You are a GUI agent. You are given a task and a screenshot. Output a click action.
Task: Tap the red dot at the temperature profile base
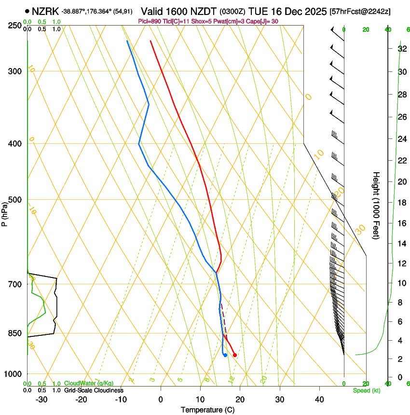(x=235, y=355)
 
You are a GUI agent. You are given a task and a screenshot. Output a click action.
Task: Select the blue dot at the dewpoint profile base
(x=225, y=355)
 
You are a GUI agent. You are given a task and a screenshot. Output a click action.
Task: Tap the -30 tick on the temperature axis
(x=41, y=399)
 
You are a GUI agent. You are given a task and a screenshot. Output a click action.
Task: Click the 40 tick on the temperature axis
(x=319, y=399)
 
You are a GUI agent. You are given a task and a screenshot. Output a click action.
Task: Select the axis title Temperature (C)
(x=208, y=410)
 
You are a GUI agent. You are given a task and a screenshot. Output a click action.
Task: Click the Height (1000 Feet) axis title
(x=376, y=205)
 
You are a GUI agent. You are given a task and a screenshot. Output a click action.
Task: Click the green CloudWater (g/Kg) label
(x=89, y=384)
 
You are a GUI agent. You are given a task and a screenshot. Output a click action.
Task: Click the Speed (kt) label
(x=366, y=390)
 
